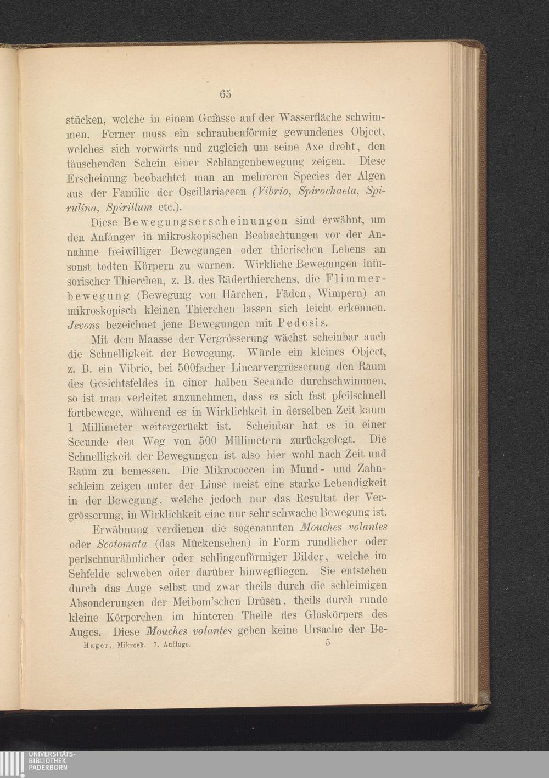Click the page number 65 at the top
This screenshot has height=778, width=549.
pyautogui.click(x=225, y=94)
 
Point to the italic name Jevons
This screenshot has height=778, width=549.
pyautogui.click(x=84, y=324)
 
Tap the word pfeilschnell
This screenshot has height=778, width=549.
pyautogui.click(x=355, y=395)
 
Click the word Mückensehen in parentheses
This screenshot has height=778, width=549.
pyautogui.click(x=214, y=544)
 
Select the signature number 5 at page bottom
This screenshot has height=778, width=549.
pyautogui.click(x=327, y=643)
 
